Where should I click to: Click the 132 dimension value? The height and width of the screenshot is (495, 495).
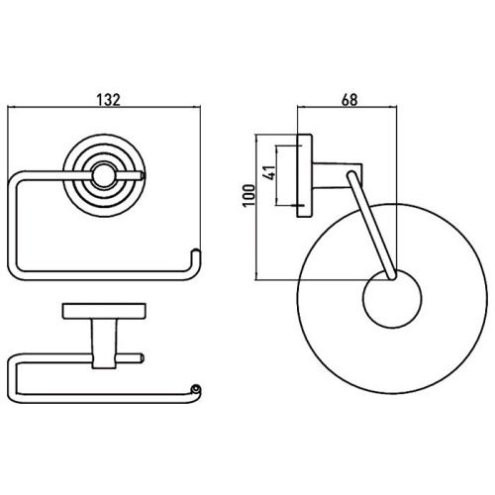point(109,99)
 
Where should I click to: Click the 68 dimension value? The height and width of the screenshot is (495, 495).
point(349,99)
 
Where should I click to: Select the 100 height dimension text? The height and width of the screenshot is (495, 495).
point(248,195)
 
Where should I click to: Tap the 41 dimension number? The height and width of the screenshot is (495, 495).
point(269,172)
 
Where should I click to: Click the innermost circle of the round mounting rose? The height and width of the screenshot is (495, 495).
point(102,175)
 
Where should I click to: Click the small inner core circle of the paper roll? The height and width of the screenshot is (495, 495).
point(392,298)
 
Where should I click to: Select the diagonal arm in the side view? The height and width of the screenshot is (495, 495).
point(370,225)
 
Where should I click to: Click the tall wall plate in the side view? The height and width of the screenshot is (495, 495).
point(305,175)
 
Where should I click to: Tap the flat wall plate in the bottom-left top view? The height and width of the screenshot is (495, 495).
point(104,311)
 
